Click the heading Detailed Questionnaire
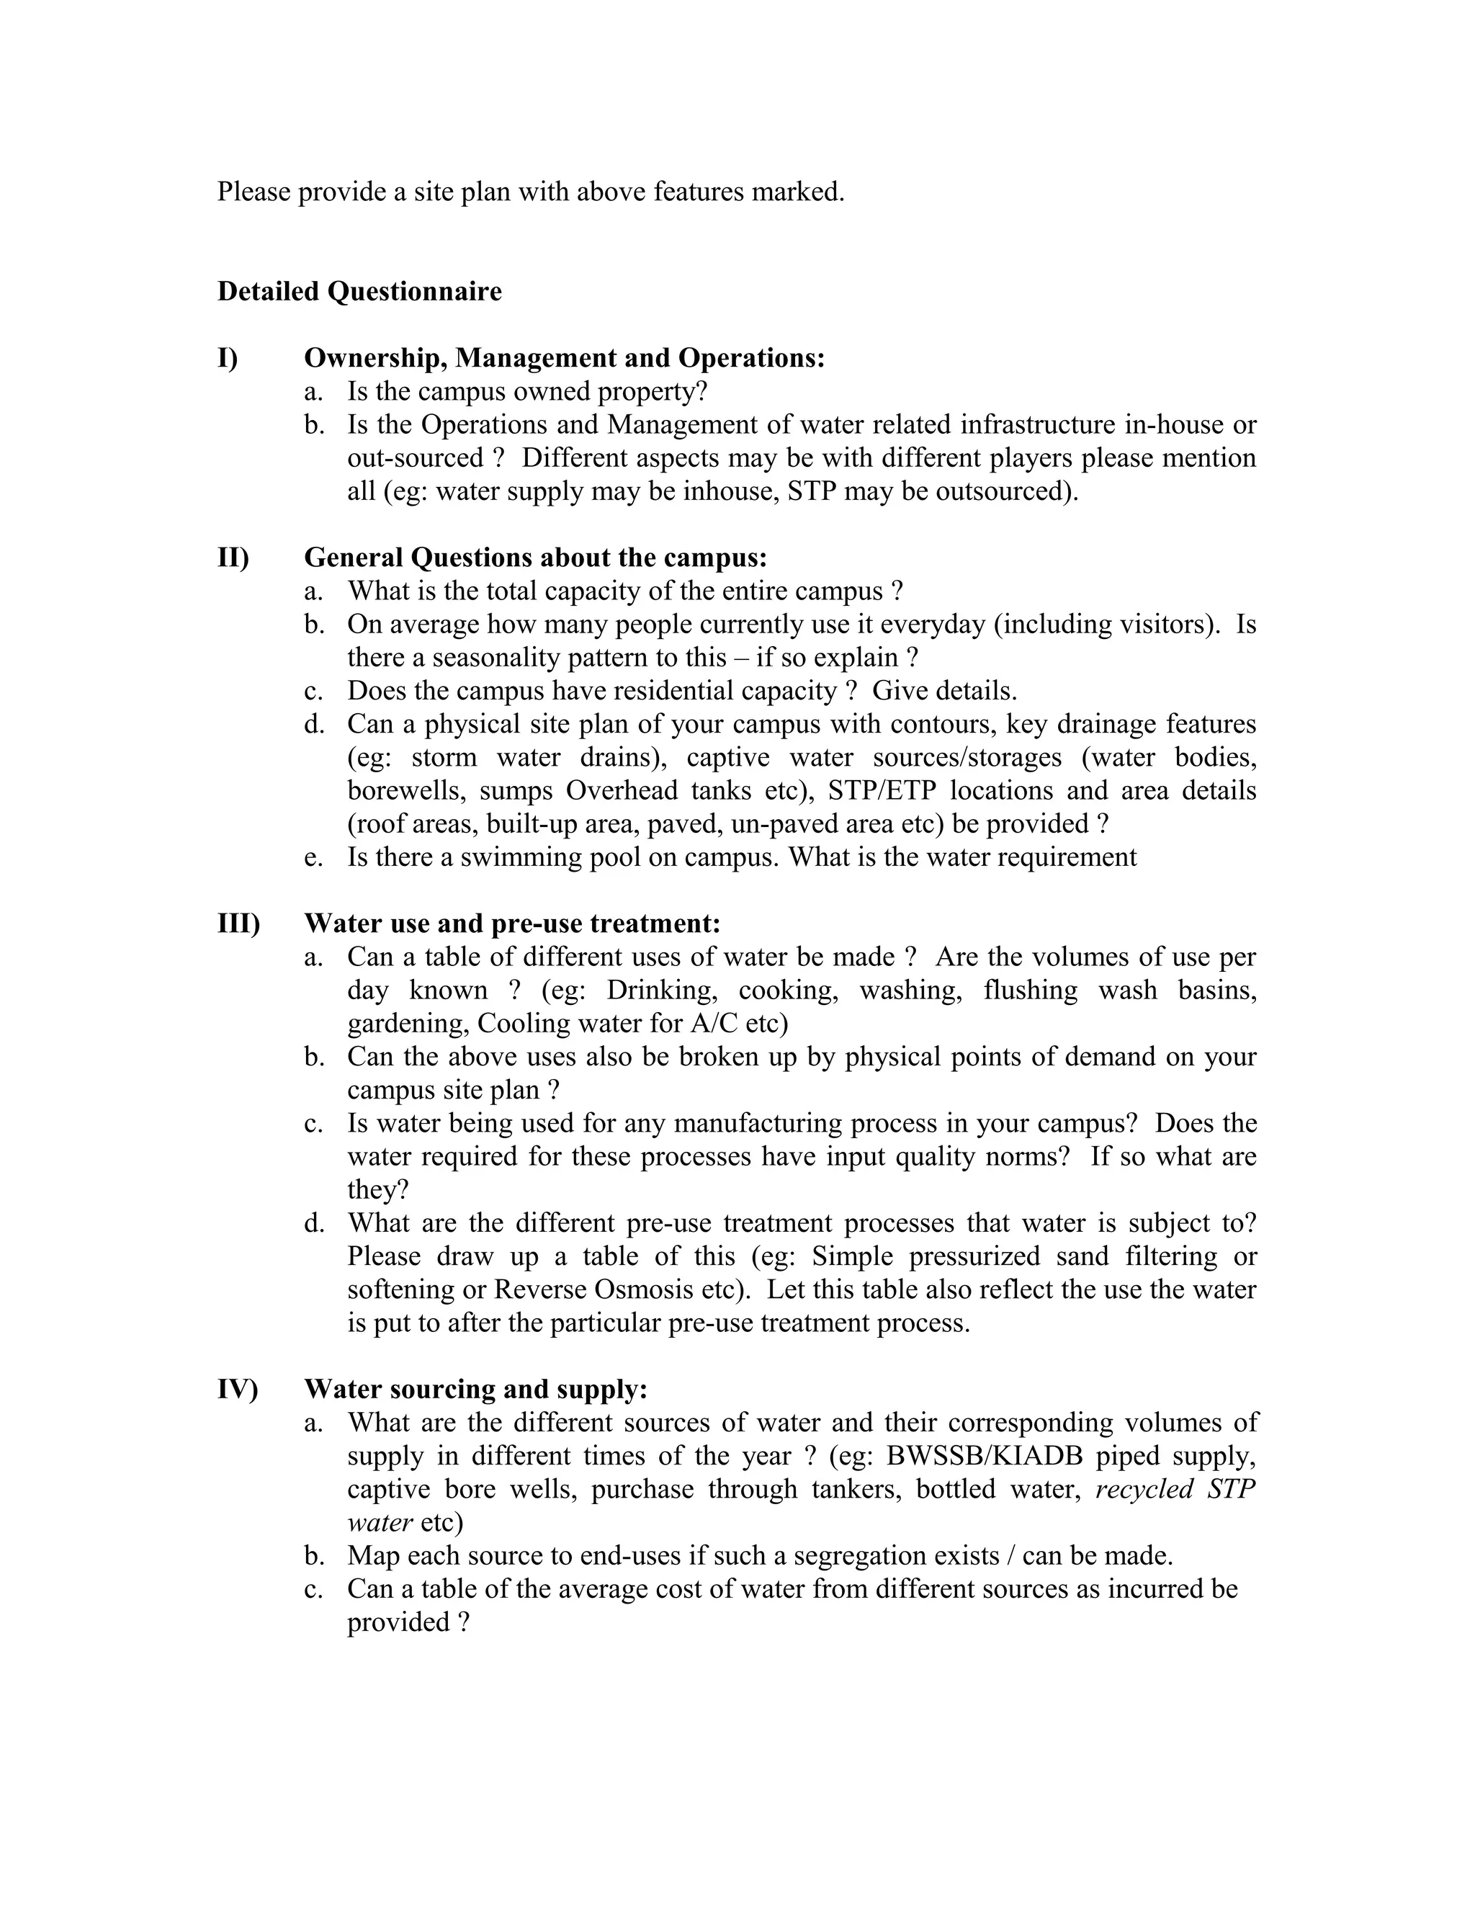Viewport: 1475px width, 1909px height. point(359,291)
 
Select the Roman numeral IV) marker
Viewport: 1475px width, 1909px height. point(238,1389)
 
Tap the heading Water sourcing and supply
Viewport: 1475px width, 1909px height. point(475,1389)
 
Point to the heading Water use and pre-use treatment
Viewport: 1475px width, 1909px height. point(512,923)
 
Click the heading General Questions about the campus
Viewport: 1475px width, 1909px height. point(535,557)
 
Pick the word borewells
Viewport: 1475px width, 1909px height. point(405,790)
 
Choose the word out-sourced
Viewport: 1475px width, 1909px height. point(415,458)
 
